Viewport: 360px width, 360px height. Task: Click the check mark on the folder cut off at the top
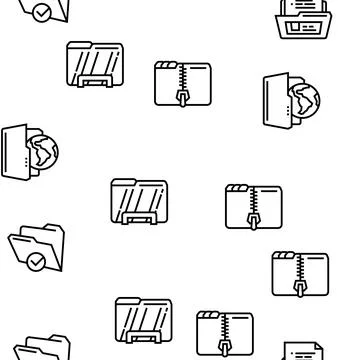[41, 12]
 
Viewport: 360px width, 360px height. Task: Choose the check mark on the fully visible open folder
[37, 263]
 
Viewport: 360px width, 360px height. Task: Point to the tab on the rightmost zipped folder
[286, 256]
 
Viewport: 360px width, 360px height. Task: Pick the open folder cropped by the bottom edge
[40, 349]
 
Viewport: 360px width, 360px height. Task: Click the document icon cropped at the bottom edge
[303, 351]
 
